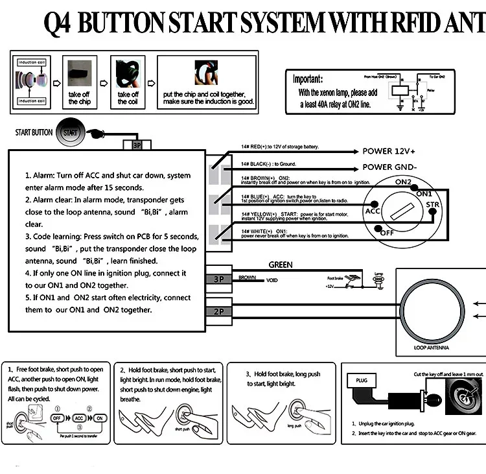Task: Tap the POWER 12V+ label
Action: coord(389,151)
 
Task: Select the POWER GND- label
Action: coord(389,167)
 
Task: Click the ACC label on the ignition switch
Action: coord(373,211)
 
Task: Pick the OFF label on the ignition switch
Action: coord(387,233)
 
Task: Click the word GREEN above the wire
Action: coord(281,265)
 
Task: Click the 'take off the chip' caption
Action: coord(79,98)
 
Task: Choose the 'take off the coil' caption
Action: coord(128,98)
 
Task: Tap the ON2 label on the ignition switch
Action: coord(404,182)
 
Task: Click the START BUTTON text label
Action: coord(34,133)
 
